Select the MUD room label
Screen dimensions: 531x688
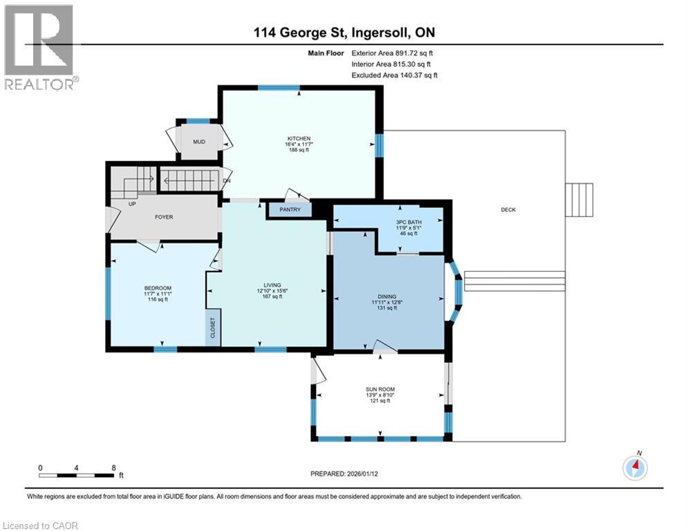[199, 142]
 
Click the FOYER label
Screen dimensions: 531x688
[163, 217]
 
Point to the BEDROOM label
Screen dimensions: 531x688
[158, 288]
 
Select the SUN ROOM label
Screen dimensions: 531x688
[380, 389]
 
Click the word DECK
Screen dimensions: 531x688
[508, 210]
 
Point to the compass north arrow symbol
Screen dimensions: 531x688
[634, 467]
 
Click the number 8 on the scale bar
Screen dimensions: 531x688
[113, 467]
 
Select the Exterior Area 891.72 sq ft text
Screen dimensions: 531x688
[393, 53]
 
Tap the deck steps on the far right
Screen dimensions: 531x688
[579, 201]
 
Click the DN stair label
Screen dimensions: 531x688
[226, 181]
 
